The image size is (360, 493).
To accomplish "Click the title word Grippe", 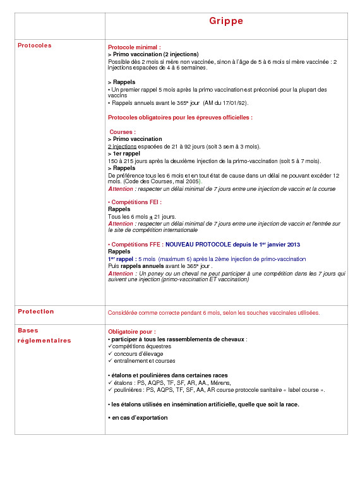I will pos(226,21).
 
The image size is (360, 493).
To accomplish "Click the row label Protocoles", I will pos(35,46).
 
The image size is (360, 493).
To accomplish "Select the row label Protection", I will pos(36,312).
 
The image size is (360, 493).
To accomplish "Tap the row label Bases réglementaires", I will pos(44,336).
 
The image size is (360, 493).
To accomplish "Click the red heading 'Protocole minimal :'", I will pos(135,47).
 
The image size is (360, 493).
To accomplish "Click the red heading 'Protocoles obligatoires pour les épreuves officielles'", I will pos(180,118).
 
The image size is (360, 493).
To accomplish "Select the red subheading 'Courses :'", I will pos(123,132).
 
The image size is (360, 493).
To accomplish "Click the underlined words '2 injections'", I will pos(122,146).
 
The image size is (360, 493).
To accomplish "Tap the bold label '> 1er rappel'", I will pos(124,154).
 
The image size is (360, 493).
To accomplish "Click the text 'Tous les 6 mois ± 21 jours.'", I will pos(142,217).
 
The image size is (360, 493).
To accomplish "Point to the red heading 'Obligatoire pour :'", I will pos(132,332).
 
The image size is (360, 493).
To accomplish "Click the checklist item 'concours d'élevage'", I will pos(138,354).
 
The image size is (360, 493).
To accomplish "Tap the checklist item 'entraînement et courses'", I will pos(144,361).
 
